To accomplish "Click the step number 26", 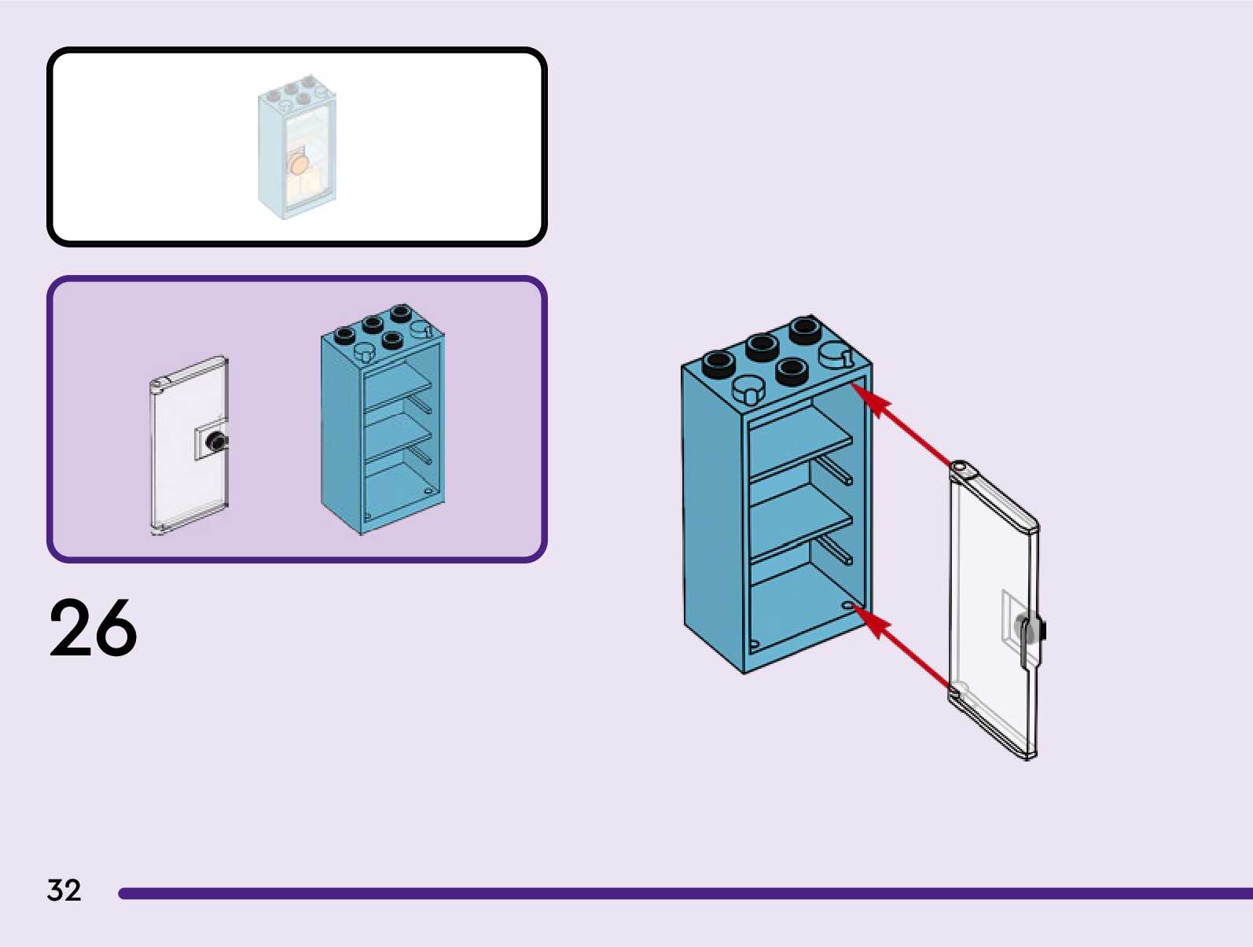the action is point(93,627).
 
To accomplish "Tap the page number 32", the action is point(64,890).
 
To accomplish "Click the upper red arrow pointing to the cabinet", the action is point(901,424).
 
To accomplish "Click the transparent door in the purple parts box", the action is point(189,445).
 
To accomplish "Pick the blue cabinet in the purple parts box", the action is point(383,420).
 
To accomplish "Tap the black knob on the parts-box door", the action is point(217,441).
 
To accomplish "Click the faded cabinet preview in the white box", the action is point(296,147).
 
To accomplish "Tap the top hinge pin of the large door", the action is point(960,468).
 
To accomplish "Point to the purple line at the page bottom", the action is point(685,894).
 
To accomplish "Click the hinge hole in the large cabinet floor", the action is point(847,604).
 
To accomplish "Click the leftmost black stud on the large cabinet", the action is point(718,363).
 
